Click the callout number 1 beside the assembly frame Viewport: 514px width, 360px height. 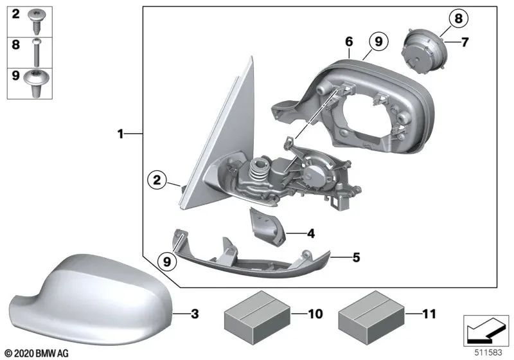[120, 134]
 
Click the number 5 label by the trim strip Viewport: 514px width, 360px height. [355, 258]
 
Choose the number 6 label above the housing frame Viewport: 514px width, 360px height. [348, 42]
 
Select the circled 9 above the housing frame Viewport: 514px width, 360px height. [378, 42]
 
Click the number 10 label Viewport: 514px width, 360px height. [314, 314]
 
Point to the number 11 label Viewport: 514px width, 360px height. [429, 314]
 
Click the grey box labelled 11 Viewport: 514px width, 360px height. [371, 313]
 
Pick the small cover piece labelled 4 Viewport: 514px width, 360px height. [265, 225]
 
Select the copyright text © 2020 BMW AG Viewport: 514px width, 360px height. [36, 354]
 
